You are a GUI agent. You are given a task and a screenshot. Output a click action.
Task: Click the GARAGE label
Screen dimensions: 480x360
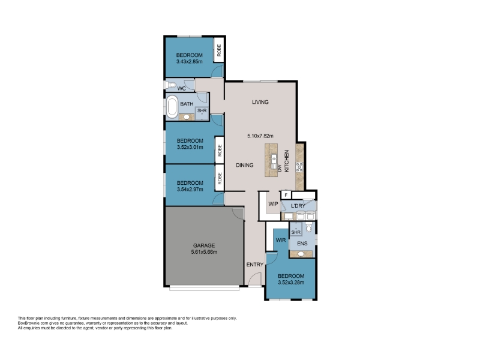click(204, 245)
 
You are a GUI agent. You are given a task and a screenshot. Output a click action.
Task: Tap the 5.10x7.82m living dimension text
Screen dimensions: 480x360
click(260, 136)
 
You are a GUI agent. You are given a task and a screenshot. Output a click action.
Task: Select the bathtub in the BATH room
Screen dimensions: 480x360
click(172, 107)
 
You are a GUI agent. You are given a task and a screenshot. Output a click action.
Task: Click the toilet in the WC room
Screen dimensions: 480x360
click(171, 85)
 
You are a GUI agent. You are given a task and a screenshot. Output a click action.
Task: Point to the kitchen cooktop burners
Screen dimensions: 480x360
click(299, 167)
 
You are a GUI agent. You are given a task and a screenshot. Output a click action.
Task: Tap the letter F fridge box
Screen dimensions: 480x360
click(286, 195)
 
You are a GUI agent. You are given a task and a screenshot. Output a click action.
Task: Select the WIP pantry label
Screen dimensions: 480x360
click(273, 204)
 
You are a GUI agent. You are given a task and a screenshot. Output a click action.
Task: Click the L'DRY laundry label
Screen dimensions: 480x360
click(298, 206)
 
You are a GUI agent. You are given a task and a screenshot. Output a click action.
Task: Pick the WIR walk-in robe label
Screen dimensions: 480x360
click(281, 240)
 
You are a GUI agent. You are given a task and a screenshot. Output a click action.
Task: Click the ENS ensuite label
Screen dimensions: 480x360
click(302, 244)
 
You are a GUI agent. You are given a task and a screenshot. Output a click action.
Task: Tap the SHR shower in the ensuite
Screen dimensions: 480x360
click(296, 230)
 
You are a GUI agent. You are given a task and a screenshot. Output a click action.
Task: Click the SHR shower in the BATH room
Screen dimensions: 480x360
click(202, 113)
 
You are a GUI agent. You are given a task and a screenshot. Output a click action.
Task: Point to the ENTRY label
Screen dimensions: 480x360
click(255, 265)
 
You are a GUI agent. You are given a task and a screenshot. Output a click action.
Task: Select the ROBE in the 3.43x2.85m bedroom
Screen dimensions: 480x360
click(218, 50)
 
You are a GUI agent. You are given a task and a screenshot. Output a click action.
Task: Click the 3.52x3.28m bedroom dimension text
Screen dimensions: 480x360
click(291, 283)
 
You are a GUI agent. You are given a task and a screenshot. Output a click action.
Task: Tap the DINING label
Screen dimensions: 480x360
click(245, 166)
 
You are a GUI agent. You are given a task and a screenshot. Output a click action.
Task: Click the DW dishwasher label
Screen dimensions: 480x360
click(280, 168)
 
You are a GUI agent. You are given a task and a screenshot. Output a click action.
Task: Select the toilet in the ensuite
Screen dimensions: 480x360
click(309, 227)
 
